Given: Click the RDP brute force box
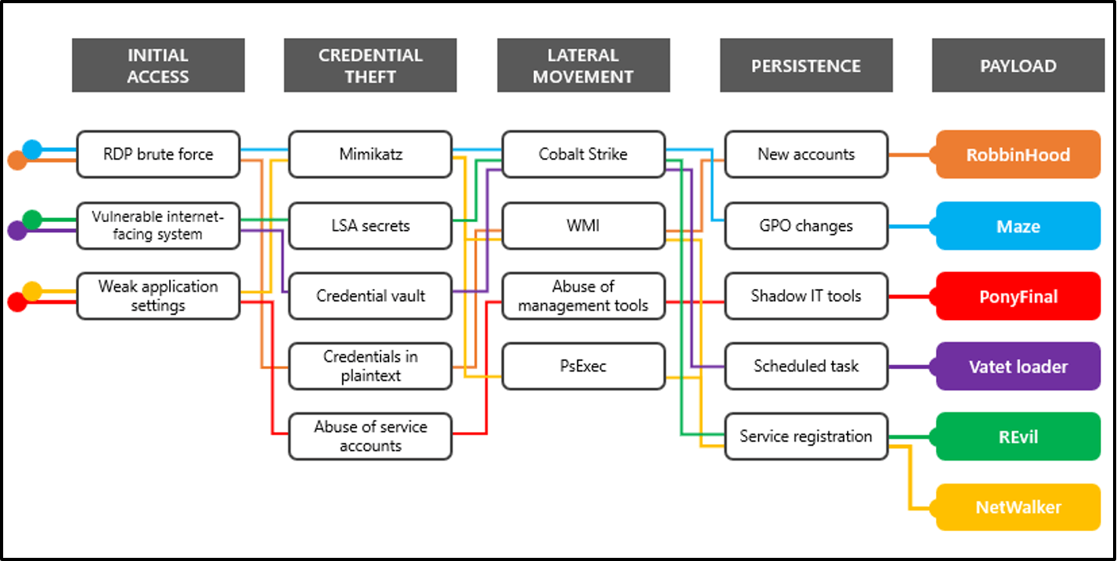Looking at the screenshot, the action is click(158, 154).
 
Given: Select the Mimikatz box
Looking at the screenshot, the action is click(370, 154).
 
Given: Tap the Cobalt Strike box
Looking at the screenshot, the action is click(584, 154).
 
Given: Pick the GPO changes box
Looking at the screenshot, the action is click(807, 225).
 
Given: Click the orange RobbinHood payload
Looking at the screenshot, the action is click(1018, 155).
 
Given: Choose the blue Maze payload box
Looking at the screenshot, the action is click(1018, 226).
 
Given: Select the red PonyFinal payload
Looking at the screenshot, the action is click(1018, 296).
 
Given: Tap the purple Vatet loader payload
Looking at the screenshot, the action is click(1018, 367).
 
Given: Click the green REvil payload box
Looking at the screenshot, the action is click(1018, 437).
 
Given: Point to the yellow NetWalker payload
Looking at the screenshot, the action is click(1018, 507).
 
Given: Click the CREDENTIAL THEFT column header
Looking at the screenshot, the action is click(370, 66).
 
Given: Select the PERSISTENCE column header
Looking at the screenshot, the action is click(807, 66).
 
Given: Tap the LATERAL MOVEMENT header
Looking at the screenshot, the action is click(584, 66).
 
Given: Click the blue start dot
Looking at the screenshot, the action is click(32, 149).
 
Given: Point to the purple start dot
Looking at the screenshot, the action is click(17, 231).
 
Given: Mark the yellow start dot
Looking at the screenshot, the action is click(32, 292).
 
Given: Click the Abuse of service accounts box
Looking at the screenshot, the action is click(370, 436).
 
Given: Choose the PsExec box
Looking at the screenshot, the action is click(584, 366).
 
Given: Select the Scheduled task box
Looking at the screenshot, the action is click(807, 366).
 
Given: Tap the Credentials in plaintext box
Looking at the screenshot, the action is click(370, 366).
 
